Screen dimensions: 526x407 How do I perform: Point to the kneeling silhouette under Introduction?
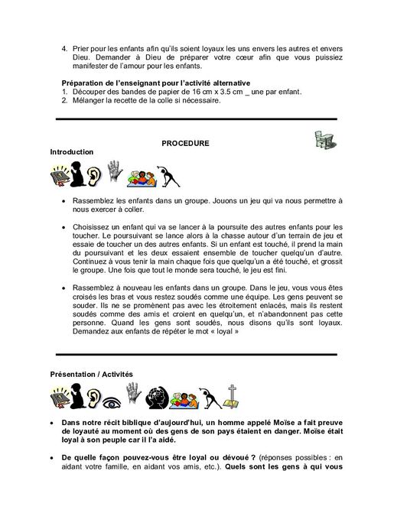tap(76, 177)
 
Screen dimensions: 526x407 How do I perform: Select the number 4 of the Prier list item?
tap(64, 50)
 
